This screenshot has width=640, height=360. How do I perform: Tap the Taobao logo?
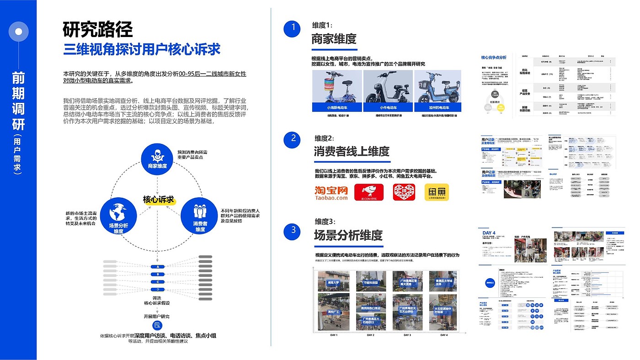coord(331,193)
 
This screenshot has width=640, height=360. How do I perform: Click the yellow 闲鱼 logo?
coord(437,192)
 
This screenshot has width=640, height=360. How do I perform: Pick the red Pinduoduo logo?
coord(404,192)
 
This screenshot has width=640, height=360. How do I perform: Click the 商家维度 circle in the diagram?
coord(157,159)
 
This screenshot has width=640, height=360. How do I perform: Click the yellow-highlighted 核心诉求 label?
coord(158,200)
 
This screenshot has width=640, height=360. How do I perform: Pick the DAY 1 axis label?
coord(334,335)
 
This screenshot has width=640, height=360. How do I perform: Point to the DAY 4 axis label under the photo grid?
coord(443,335)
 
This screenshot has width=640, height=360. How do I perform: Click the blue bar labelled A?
coord(157,266)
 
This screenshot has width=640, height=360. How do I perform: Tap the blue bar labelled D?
coord(157,290)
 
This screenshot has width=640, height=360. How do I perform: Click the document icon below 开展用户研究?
coord(157,325)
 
